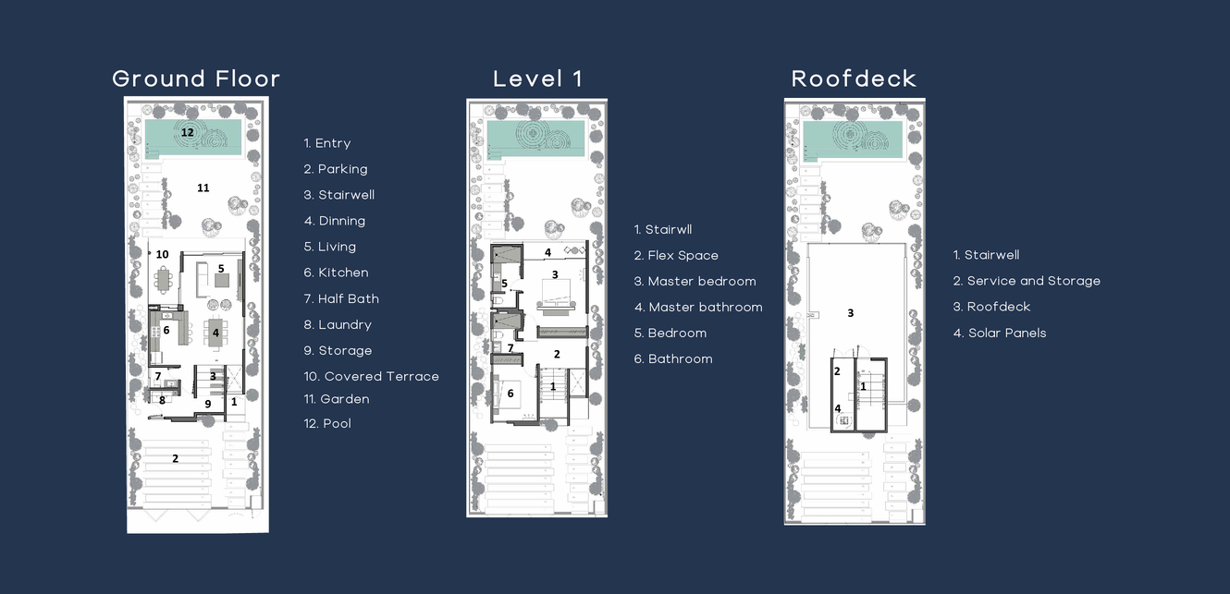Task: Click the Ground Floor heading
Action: coord(196,79)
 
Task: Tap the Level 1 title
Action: coord(537,79)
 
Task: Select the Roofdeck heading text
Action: coord(854,79)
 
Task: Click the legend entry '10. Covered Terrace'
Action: coord(371,376)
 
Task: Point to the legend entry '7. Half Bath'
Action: coord(341,298)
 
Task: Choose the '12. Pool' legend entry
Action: coord(327,423)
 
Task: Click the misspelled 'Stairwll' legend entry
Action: coord(663,229)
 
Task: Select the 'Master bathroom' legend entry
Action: coord(698,307)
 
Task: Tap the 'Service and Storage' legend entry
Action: coord(1027,281)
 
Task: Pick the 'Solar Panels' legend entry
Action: coord(1000,333)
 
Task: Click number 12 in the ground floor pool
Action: coord(187,132)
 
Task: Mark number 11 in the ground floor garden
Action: coord(203,188)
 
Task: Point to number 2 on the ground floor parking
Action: coord(175,458)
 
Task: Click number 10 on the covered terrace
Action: coord(162,254)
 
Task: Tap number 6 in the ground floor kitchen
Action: coord(166,330)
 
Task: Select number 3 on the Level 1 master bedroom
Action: coord(555,274)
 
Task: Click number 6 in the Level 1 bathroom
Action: coord(510,394)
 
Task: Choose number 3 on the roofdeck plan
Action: coord(851,313)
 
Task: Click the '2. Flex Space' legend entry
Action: coord(676,255)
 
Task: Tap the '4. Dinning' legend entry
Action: coord(335,221)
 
